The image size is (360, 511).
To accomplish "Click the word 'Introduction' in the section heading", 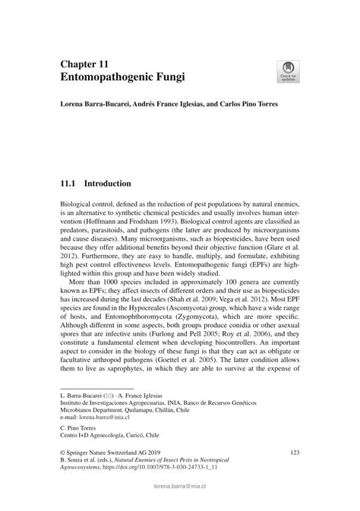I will (108, 184).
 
